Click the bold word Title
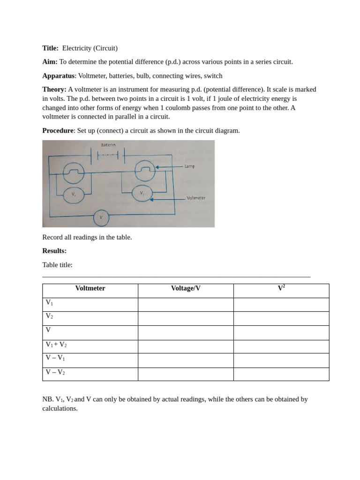pyautogui.click(x=50, y=48)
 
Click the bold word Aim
pyautogui.click(x=50, y=62)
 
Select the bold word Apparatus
pyautogui.click(x=58, y=76)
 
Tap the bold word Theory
pyautogui.click(x=54, y=90)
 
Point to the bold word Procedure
pyautogui.click(x=58, y=131)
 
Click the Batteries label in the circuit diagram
pyautogui.click(x=108, y=145)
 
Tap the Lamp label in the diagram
pyautogui.click(x=189, y=166)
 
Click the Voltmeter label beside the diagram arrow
pyautogui.click(x=196, y=198)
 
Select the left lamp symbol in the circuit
pyautogui.click(x=74, y=172)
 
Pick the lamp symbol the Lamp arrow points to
pyautogui.click(x=145, y=171)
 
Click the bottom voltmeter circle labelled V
pyautogui.click(x=101, y=218)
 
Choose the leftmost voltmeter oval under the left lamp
pyautogui.click(x=74, y=195)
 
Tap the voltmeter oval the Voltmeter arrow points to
pyautogui.click(x=142, y=193)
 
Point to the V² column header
pyautogui.click(x=281, y=288)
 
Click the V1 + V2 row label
pyautogui.click(x=56, y=345)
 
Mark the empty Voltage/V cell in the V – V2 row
pyautogui.click(x=186, y=374)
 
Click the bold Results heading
pyautogui.click(x=54, y=251)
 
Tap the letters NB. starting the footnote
pyautogui.click(x=48, y=399)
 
